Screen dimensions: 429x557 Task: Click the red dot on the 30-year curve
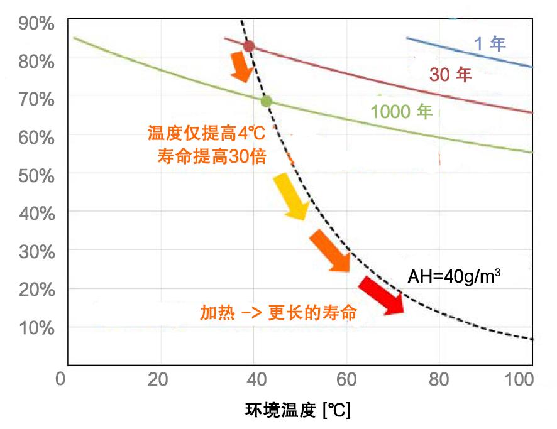pos(249,46)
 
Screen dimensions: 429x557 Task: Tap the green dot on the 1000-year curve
pos(266,101)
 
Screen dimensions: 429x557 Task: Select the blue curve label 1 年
pos(489,43)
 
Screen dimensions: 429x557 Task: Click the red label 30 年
pos(450,75)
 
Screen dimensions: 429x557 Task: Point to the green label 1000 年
pos(402,112)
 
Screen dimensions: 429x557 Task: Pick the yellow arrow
pos(290,197)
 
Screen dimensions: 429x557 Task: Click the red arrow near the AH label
pos(381,295)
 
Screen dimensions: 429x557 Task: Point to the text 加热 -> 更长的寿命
pos(278,312)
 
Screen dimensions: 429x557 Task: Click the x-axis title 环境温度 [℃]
pos(298,411)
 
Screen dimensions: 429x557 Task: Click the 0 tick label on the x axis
pos(61,381)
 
